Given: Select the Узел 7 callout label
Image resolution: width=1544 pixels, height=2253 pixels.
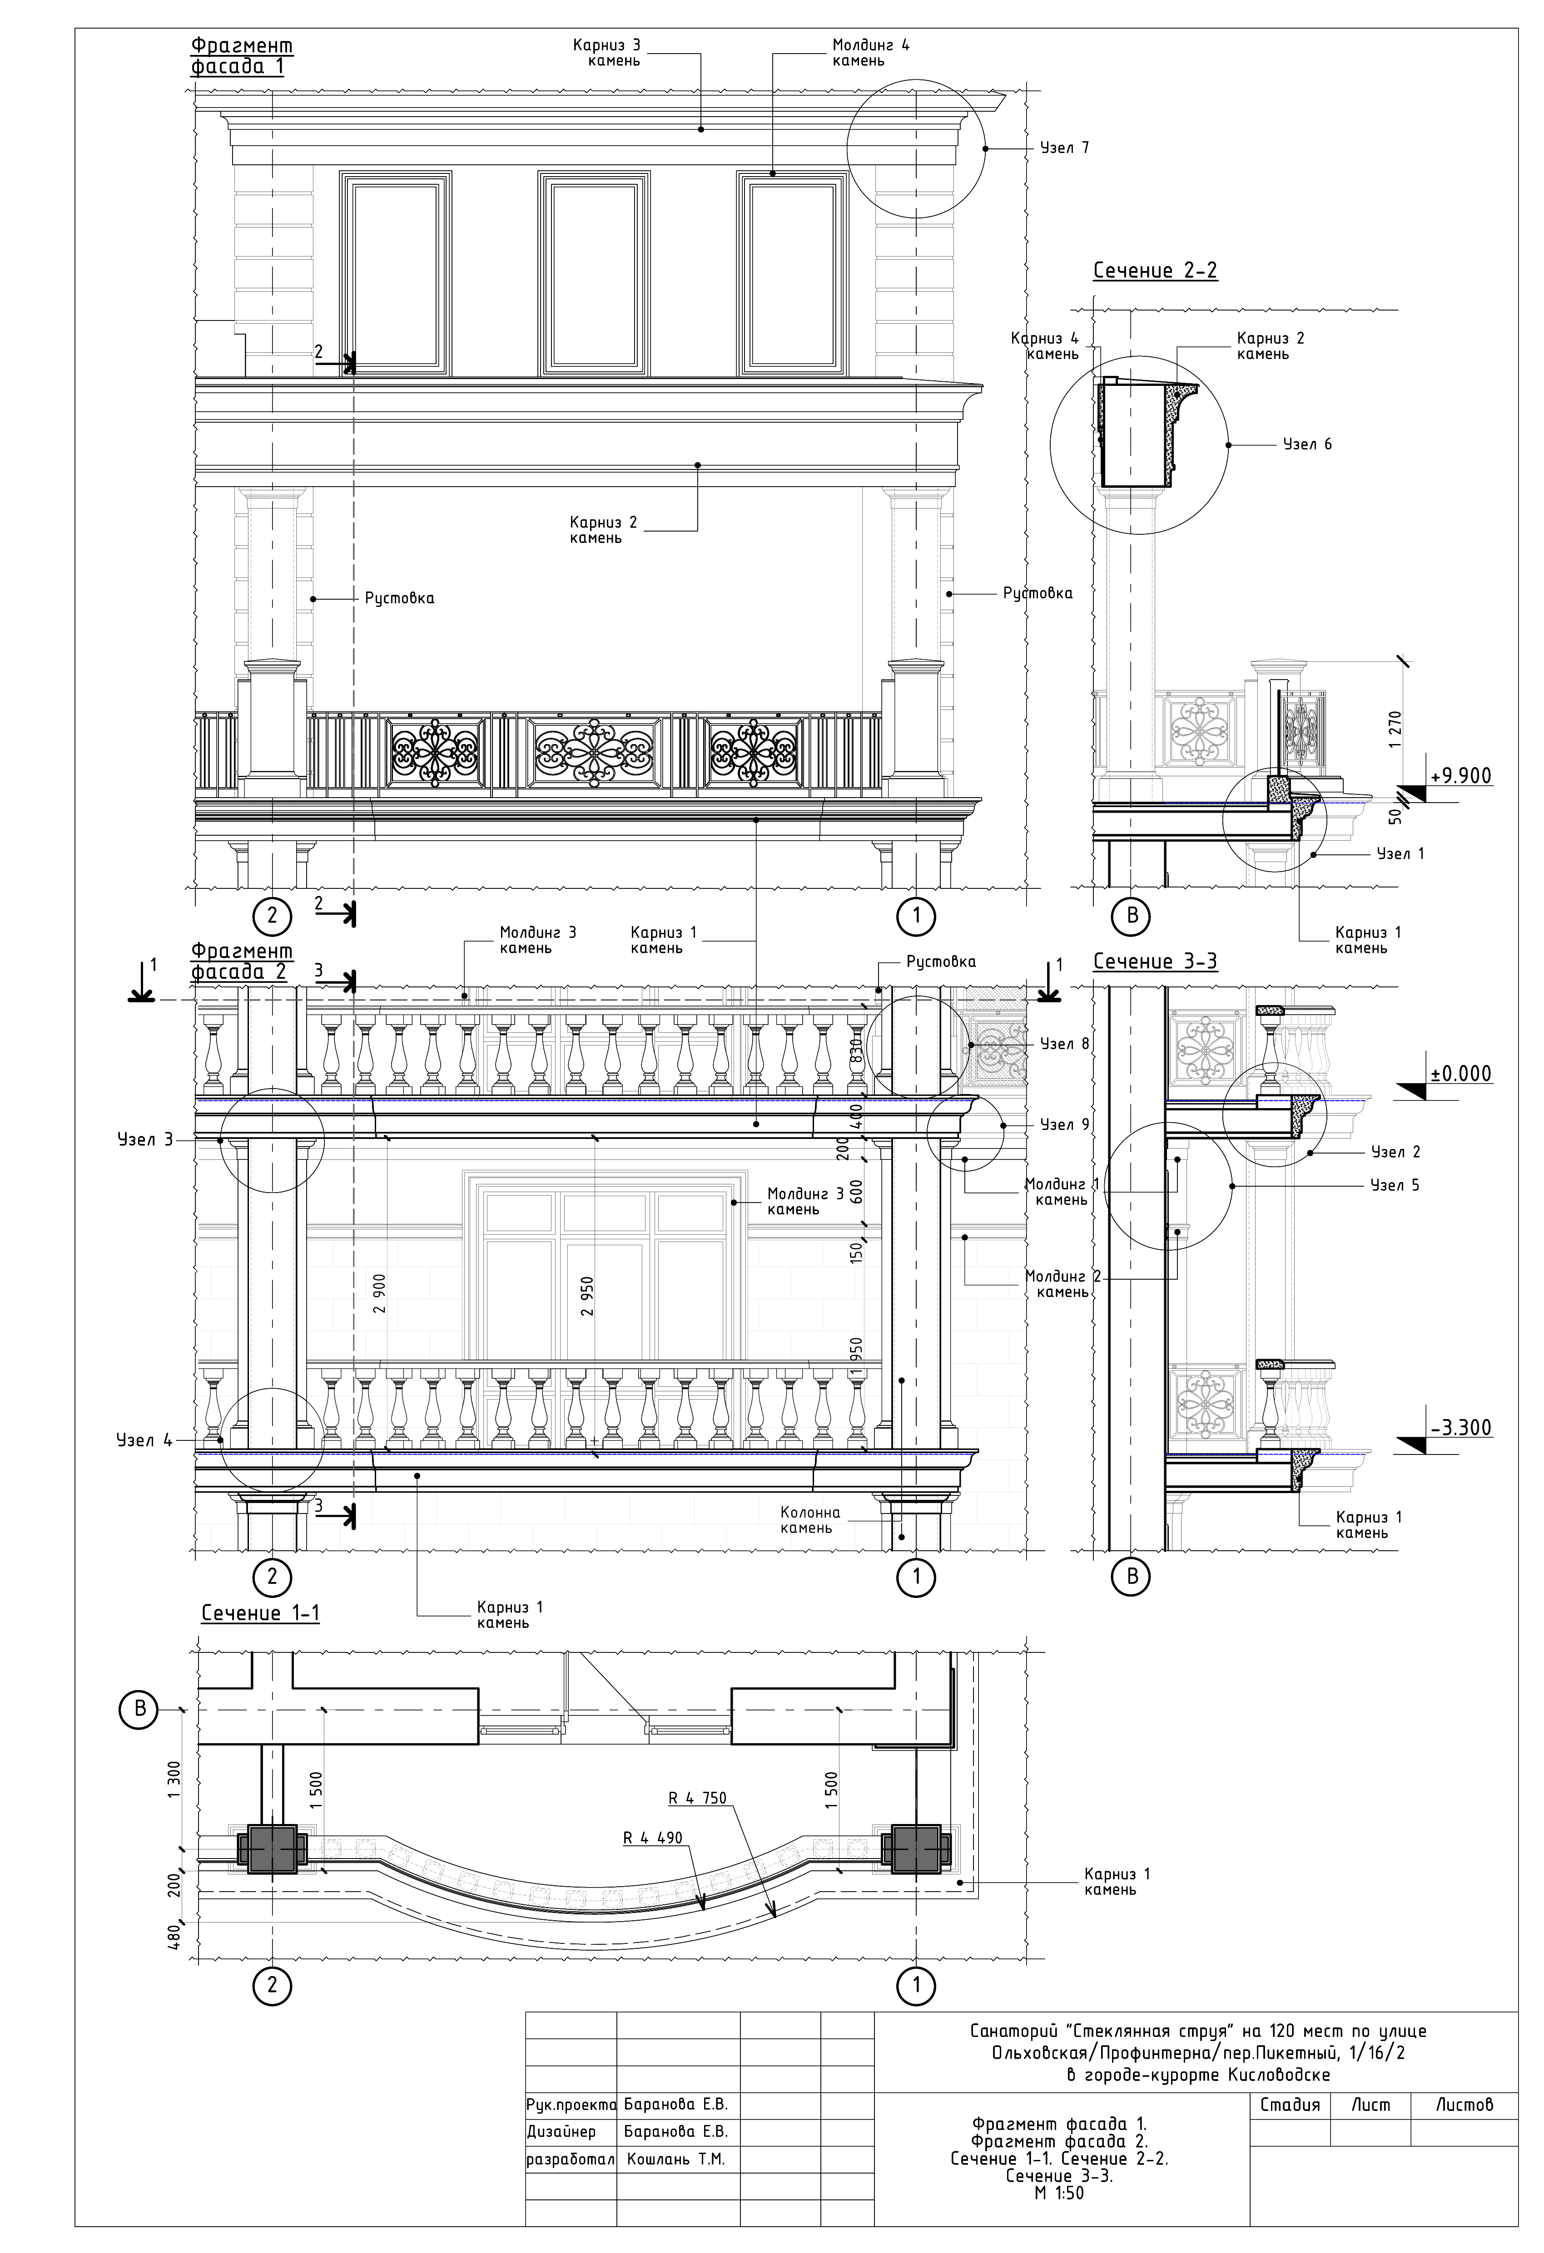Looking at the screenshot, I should pos(1064,148).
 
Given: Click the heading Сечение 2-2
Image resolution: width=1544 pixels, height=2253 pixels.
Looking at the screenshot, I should pos(1154,271).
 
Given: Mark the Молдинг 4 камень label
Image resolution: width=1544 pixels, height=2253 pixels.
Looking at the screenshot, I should pos(870,52).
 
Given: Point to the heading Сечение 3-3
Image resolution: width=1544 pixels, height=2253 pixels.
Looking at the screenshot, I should pos(1154,961).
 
